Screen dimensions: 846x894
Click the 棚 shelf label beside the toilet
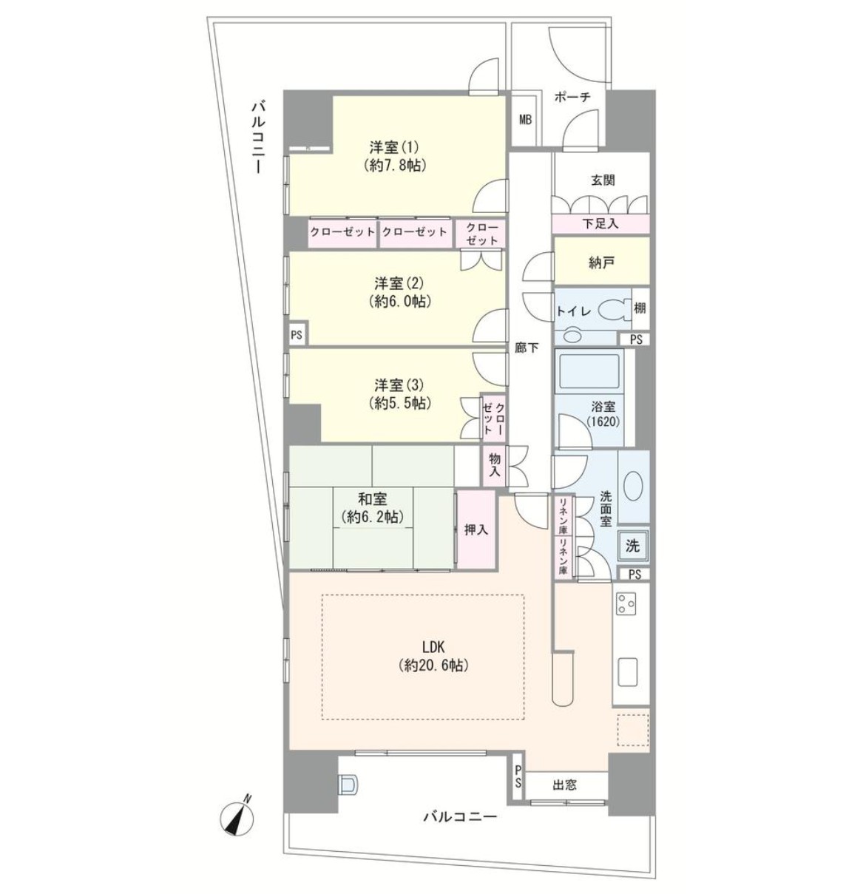[640, 308]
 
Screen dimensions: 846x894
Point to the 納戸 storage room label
[601, 263]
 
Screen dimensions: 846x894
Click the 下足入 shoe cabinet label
[600, 224]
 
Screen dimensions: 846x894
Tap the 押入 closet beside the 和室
[476, 529]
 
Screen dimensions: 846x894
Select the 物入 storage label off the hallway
[495, 465]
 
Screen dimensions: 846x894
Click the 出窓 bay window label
[565, 785]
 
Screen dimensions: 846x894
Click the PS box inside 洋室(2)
[297, 335]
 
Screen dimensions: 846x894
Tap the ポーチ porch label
[572, 97]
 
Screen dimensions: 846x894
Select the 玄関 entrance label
[603, 180]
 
